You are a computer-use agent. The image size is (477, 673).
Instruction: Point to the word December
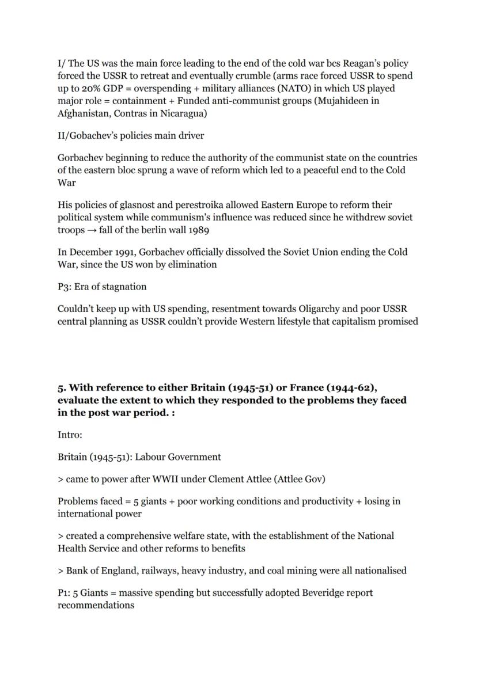pyautogui.click(x=88, y=252)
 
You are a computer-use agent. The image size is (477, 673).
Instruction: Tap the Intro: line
pyautogui.click(x=70, y=435)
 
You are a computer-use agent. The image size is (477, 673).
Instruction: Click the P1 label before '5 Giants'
pyautogui.click(x=64, y=593)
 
